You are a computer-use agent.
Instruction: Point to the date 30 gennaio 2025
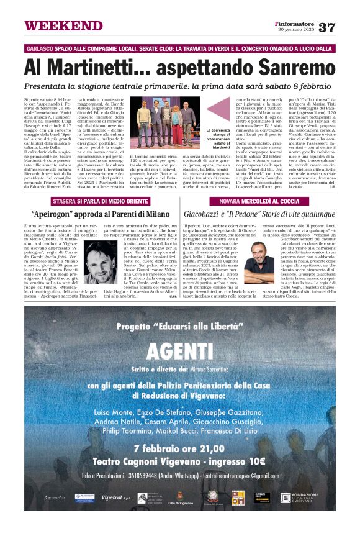(297, 30)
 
